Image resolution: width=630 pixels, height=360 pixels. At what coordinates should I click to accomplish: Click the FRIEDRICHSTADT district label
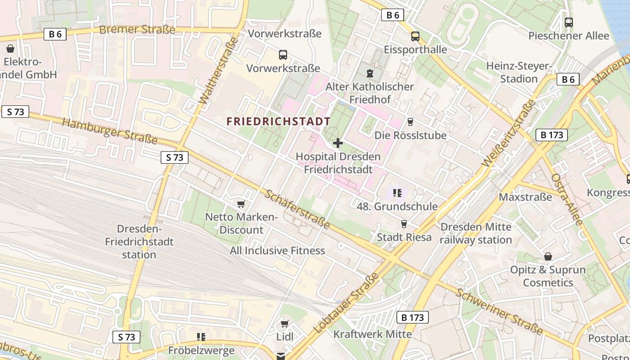[279, 121]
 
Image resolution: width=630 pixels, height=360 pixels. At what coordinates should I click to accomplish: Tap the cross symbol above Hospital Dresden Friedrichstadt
[338, 143]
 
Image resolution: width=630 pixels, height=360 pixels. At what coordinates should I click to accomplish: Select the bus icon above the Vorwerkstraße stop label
[283, 55]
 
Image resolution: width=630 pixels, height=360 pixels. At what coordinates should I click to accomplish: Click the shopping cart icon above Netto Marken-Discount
[241, 204]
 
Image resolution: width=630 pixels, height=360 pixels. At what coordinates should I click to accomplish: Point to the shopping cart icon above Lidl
[284, 324]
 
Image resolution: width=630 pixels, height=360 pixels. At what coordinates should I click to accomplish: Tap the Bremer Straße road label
[137, 30]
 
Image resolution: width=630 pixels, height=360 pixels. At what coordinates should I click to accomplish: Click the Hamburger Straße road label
[109, 131]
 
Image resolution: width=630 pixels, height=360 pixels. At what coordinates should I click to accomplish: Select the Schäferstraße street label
[297, 209]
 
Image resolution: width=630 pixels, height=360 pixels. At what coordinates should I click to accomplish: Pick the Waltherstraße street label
[218, 71]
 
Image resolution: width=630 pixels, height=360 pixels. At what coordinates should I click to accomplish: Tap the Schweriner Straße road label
[499, 311]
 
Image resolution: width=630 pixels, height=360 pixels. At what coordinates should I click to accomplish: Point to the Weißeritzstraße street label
[508, 133]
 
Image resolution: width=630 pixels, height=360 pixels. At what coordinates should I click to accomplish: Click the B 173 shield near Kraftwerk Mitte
[413, 317]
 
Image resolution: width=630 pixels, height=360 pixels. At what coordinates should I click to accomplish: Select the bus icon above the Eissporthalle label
[415, 36]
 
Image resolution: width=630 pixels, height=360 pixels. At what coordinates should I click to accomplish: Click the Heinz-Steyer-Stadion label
[519, 72]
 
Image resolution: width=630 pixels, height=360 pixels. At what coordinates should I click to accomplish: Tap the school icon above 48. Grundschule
[397, 193]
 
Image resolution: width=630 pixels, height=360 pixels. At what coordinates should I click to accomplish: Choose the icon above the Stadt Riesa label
[404, 224]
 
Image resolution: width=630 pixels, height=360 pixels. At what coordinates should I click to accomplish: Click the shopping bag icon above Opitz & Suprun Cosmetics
[548, 256]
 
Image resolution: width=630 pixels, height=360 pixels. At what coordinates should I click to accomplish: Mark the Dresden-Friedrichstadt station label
[139, 242]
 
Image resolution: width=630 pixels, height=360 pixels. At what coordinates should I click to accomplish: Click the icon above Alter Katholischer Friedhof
[370, 73]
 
